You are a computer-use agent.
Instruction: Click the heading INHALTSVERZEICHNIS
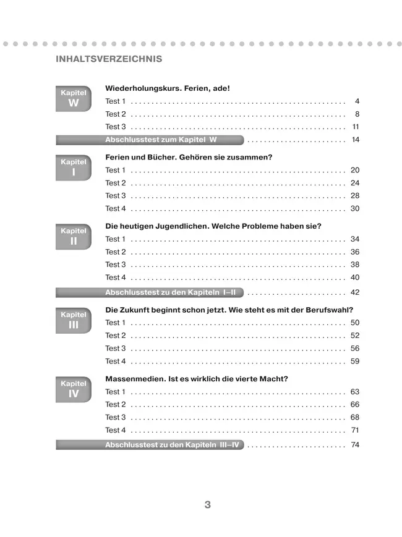[109, 59]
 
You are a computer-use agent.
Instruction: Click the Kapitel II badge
[74, 237]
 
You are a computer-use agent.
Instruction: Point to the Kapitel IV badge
[74, 389]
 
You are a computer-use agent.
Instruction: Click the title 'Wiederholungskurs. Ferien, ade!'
[168, 88]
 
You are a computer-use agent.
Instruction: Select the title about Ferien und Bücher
[189, 157]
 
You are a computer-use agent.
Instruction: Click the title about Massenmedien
[197, 379]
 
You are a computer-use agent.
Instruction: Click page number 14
[355, 140]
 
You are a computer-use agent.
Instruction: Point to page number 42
[355, 292]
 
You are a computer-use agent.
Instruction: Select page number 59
[355, 361]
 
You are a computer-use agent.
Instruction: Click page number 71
[355, 430]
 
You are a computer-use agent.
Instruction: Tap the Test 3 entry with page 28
[116, 196]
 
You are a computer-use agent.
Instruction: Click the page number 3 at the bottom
[208, 505]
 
